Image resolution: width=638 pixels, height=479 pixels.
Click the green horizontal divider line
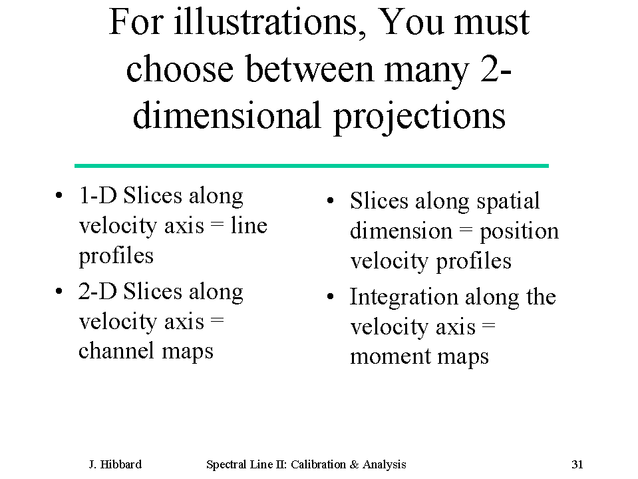point(311,166)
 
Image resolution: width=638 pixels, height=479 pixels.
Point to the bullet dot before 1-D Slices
point(59,195)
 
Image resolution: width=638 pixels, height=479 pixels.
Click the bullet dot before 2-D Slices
point(59,291)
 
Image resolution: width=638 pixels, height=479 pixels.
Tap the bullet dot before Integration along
point(331,296)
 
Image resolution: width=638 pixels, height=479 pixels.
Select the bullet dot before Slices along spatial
point(331,201)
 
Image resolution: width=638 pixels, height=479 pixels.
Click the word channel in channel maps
point(117,350)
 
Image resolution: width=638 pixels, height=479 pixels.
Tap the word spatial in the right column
point(508,202)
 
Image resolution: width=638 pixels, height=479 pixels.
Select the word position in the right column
point(519,232)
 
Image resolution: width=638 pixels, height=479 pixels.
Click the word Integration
point(404,298)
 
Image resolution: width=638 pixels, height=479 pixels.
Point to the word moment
point(391,356)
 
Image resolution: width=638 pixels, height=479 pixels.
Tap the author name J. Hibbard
point(116,464)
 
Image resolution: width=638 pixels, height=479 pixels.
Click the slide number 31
point(577,464)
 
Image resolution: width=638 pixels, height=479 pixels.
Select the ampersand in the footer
point(354,464)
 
